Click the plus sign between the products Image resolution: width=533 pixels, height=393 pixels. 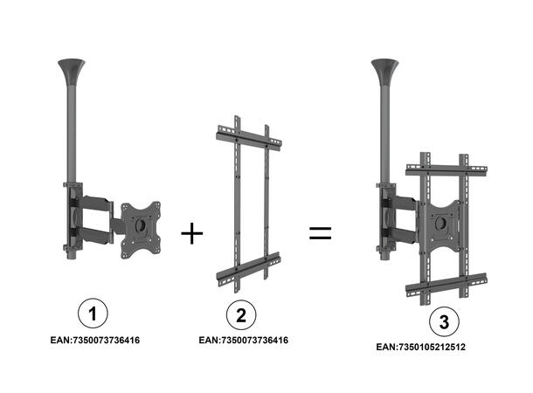[191, 234]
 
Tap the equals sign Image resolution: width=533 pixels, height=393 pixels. [321, 233]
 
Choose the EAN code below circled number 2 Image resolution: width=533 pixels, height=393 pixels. [244, 340]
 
